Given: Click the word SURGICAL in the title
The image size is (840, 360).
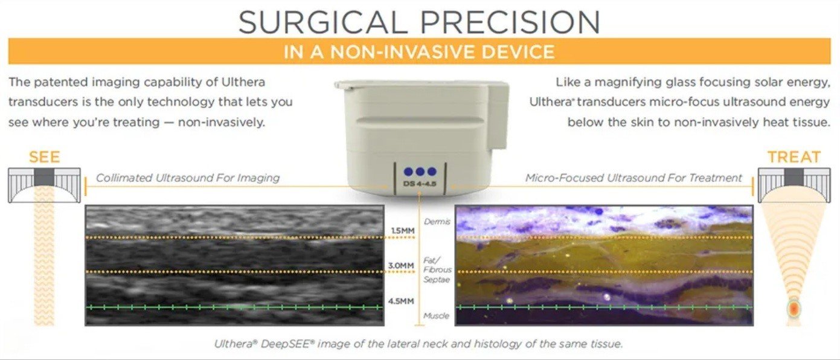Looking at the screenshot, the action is (x=322, y=22).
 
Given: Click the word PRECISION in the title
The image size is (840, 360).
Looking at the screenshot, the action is (x=510, y=22).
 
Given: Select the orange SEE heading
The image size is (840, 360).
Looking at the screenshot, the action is (x=44, y=157).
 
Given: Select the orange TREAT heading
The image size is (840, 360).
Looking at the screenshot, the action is (x=794, y=157).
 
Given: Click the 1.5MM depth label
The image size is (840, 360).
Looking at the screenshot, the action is (x=402, y=231).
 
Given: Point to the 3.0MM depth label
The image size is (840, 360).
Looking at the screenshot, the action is (x=401, y=266).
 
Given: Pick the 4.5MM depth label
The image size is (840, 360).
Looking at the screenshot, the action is (x=401, y=301).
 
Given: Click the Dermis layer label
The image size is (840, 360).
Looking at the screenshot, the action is (x=437, y=222).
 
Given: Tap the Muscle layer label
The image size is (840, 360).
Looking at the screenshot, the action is (x=436, y=316).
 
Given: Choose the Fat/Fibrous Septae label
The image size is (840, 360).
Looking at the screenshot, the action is (x=437, y=269).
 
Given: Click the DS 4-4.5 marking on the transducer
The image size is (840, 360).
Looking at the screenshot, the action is (x=420, y=184).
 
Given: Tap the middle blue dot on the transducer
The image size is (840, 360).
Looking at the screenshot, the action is (x=420, y=172).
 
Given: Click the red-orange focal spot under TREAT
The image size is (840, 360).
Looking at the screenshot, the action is (x=794, y=309).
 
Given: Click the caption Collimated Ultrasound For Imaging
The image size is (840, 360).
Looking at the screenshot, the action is (x=187, y=178).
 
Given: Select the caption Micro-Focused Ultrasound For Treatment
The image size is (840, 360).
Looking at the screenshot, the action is (x=633, y=178).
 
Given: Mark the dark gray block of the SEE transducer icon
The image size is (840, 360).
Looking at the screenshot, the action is (x=44, y=177).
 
